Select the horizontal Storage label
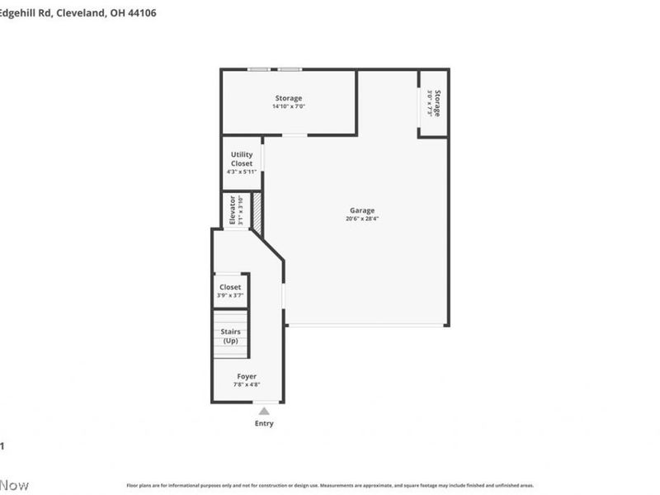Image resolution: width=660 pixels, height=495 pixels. tap(289, 98)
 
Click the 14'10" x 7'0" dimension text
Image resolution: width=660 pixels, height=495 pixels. tap(289, 106)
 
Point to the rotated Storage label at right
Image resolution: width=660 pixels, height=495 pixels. tap(437, 103)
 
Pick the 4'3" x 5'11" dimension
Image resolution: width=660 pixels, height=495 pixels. tap(242, 172)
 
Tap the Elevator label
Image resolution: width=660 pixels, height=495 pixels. tap(232, 210)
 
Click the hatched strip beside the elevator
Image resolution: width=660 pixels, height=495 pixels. tap(257, 211)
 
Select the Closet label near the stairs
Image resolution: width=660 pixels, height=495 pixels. tap(230, 287)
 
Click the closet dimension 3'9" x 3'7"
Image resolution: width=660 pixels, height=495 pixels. tap(230, 295)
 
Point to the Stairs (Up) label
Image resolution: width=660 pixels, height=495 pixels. tap(231, 336)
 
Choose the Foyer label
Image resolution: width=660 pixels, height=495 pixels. tap(247, 376)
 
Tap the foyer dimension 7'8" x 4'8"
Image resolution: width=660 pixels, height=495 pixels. tap(247, 384)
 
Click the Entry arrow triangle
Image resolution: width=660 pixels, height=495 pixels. tap(264, 410)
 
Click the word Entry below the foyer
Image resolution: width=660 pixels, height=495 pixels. tap(264, 424)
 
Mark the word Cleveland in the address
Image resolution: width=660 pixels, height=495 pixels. tap(82, 13)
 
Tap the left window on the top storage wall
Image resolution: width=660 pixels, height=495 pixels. tap(259, 69)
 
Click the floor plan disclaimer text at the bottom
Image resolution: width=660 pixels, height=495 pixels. tap(330, 485)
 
